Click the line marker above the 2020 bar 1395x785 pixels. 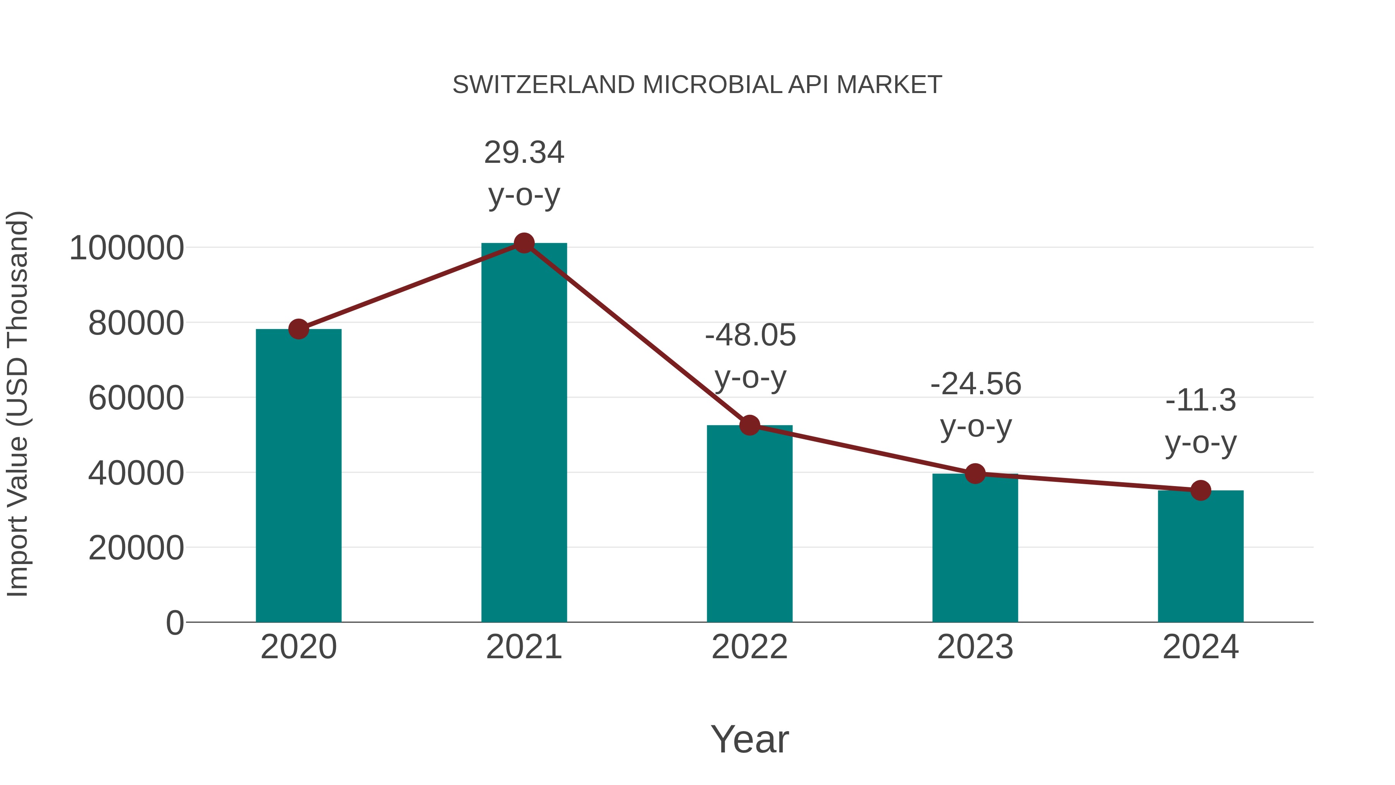pyautogui.click(x=298, y=329)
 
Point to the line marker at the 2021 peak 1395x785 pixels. pyautogui.click(x=524, y=243)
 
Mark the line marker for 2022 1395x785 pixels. pyautogui.click(x=749, y=426)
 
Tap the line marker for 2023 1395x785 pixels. pyautogui.click(x=975, y=473)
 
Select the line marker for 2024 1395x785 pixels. pyautogui.click(x=1200, y=490)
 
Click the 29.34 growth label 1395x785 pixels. pyautogui.click(x=524, y=152)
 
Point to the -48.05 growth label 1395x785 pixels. pyautogui.click(x=750, y=335)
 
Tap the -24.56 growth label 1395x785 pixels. pyautogui.click(x=975, y=384)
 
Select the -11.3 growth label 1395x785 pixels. pyautogui.click(x=1200, y=400)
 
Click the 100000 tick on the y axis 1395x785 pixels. pyautogui.click(x=127, y=248)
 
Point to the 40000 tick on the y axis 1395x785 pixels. pyautogui.click(x=136, y=473)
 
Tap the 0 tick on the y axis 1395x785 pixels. pyautogui.click(x=174, y=623)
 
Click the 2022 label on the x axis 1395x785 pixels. pyautogui.click(x=749, y=647)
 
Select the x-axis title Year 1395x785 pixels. pyautogui.click(x=749, y=739)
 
